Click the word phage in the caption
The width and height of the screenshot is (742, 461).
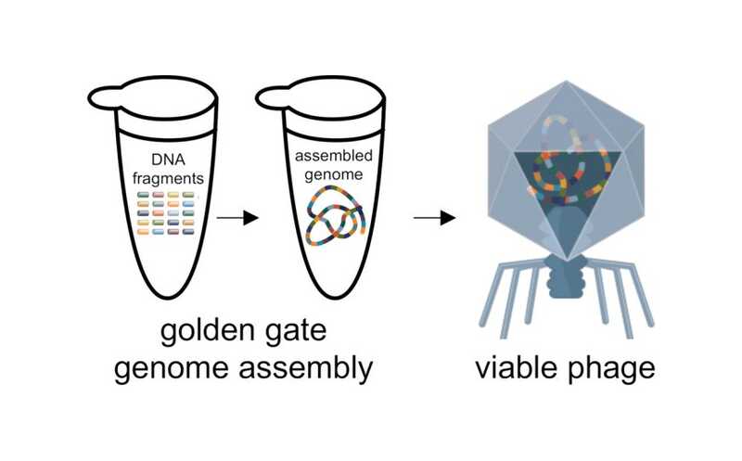click(612, 368)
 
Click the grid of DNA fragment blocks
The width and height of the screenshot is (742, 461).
click(168, 212)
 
